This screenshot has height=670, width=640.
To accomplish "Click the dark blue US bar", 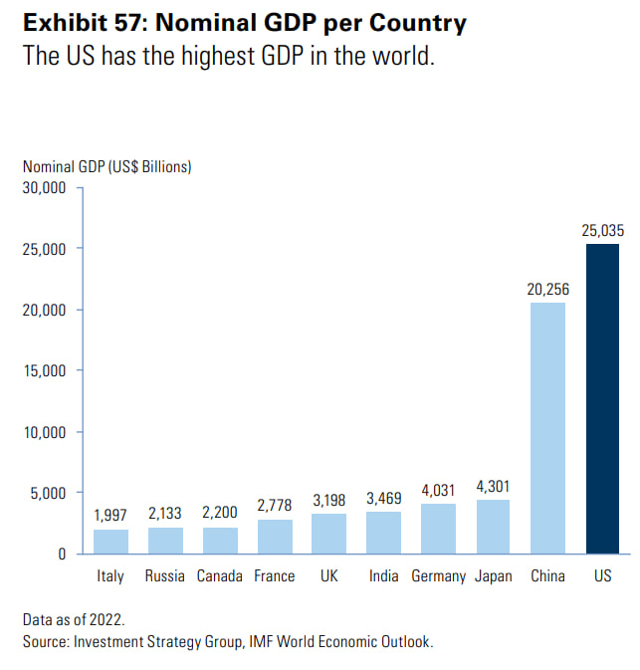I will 602,398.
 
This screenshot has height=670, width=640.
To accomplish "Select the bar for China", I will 547,428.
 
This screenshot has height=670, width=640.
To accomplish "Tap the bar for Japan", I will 493,527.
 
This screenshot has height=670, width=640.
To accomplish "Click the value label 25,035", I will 602,230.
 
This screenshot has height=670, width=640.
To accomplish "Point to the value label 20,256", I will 547,289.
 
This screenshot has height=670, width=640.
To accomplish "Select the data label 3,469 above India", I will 384,497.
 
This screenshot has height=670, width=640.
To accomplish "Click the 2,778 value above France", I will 275,506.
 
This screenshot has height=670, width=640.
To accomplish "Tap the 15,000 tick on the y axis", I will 44,370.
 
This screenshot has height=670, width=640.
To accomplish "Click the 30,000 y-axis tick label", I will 44,187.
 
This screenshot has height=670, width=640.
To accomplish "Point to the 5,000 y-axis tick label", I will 48,493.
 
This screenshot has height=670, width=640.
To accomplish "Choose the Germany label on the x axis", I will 438,576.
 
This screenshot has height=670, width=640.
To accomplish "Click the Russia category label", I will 165,576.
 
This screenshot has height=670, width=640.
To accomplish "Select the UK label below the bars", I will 329,576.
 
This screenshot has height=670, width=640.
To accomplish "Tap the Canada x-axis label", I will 220,576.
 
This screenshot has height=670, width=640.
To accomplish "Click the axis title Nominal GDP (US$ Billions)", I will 107,166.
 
